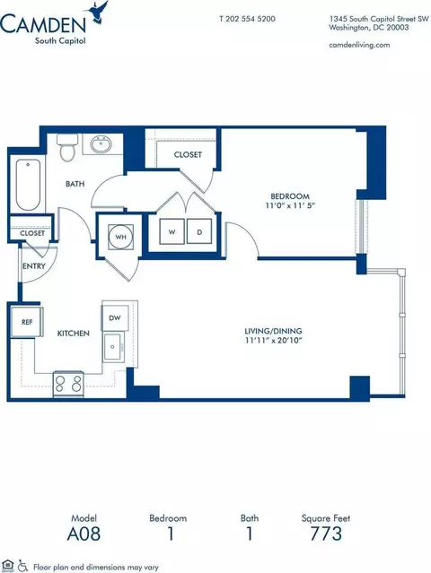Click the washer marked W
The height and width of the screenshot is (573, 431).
tap(171, 232)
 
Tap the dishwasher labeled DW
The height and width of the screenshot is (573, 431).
tap(114, 317)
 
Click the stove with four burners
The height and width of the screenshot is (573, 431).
tap(68, 385)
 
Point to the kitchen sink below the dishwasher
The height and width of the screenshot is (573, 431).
tap(113, 345)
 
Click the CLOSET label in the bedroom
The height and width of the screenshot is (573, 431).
tap(188, 154)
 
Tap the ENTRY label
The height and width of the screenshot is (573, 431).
tap(32, 266)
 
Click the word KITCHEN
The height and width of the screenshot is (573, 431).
tap(72, 333)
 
